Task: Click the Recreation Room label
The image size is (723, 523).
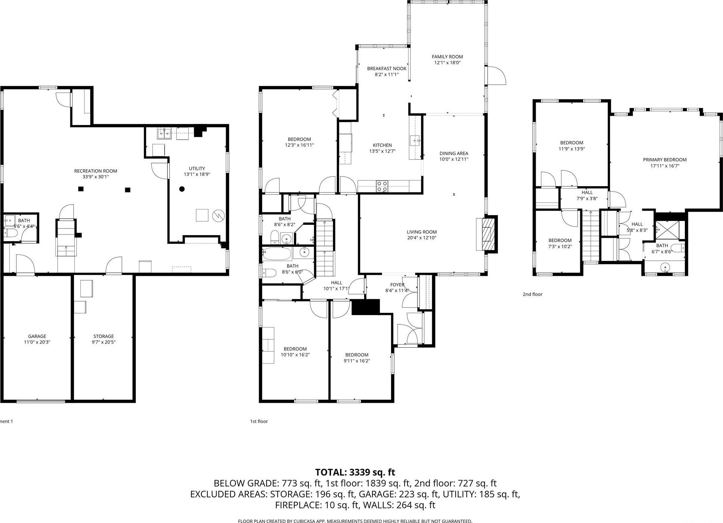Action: click(x=95, y=171)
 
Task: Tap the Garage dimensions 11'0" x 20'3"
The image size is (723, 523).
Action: click(x=37, y=342)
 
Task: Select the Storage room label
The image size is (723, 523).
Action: click(x=104, y=336)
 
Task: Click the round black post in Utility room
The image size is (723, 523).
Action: click(x=182, y=189)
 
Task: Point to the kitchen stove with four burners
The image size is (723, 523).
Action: click(x=382, y=186)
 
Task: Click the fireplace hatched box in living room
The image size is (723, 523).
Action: click(x=487, y=234)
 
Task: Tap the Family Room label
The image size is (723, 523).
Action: click(x=447, y=57)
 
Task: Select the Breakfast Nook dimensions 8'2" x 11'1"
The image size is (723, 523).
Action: click(x=387, y=75)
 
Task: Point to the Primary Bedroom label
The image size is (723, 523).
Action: click(x=664, y=160)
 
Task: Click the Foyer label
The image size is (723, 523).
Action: click(x=397, y=285)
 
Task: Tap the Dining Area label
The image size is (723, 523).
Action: click(x=453, y=153)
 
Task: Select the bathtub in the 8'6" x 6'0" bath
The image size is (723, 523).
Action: click(x=277, y=254)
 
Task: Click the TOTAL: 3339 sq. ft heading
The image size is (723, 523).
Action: click(x=355, y=472)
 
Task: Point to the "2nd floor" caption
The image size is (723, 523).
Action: click(x=532, y=294)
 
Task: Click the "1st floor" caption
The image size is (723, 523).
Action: click(x=259, y=421)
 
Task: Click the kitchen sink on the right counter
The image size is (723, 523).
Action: click(x=415, y=141)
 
